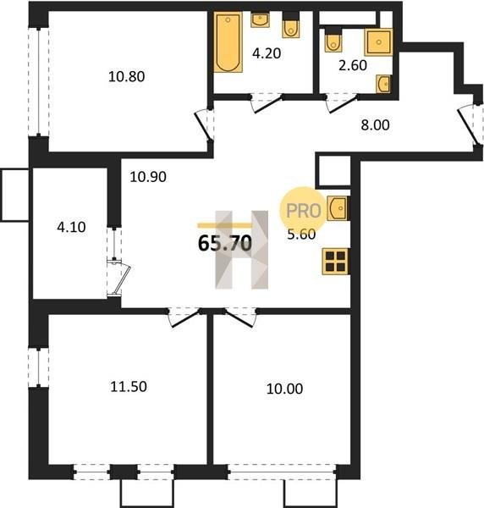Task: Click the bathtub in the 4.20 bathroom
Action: (228, 42)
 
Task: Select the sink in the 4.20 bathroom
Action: (260, 19)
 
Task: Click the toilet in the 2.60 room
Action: (333, 38)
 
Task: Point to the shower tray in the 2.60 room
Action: (378, 42)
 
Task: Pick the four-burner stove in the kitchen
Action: (335, 261)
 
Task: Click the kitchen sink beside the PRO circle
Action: (338, 208)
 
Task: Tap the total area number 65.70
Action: (225, 243)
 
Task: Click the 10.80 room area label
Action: (126, 77)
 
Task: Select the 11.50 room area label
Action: (129, 387)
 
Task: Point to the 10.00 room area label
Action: (284, 389)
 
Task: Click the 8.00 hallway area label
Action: (375, 124)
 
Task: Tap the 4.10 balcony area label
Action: (71, 227)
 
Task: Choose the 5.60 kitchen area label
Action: (301, 235)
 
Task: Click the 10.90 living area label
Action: (148, 177)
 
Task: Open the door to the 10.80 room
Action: (203, 125)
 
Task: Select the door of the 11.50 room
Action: (184, 318)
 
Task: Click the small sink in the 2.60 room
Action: (383, 84)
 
